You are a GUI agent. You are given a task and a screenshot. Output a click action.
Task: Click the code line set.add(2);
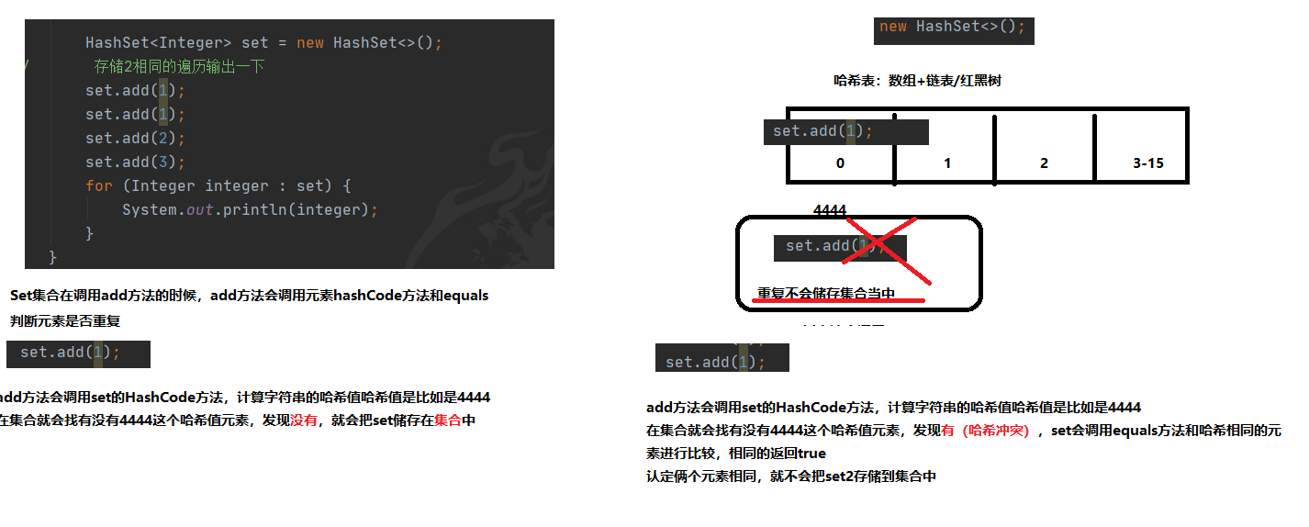(x=135, y=139)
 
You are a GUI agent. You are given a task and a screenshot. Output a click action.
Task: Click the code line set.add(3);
(x=135, y=163)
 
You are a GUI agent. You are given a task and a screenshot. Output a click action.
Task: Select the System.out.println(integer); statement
(x=250, y=210)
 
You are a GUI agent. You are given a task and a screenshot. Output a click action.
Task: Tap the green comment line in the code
(x=179, y=67)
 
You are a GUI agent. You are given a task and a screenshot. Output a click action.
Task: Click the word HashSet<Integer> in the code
(x=159, y=43)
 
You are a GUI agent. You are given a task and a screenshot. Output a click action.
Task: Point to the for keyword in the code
(x=99, y=186)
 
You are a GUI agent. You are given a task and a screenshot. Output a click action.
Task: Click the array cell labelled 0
(x=840, y=163)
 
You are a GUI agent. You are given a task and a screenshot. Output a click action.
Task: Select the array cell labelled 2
(x=1044, y=163)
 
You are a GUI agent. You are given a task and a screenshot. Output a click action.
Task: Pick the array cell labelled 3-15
(x=1147, y=163)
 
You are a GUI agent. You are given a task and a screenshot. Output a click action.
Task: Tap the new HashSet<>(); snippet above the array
(x=953, y=28)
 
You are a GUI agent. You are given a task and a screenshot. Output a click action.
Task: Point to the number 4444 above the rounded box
(x=830, y=210)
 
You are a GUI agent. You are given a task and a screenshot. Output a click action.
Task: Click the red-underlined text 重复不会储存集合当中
(x=826, y=295)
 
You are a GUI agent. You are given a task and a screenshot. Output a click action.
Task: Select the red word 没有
(x=304, y=421)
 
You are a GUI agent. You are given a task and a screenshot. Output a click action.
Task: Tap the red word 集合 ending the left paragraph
(x=448, y=421)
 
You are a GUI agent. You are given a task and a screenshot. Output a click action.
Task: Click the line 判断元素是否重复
(x=65, y=321)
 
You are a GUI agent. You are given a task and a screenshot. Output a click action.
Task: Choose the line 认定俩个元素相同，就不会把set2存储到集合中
(x=791, y=477)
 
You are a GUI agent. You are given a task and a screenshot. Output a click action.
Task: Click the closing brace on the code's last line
(x=52, y=256)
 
